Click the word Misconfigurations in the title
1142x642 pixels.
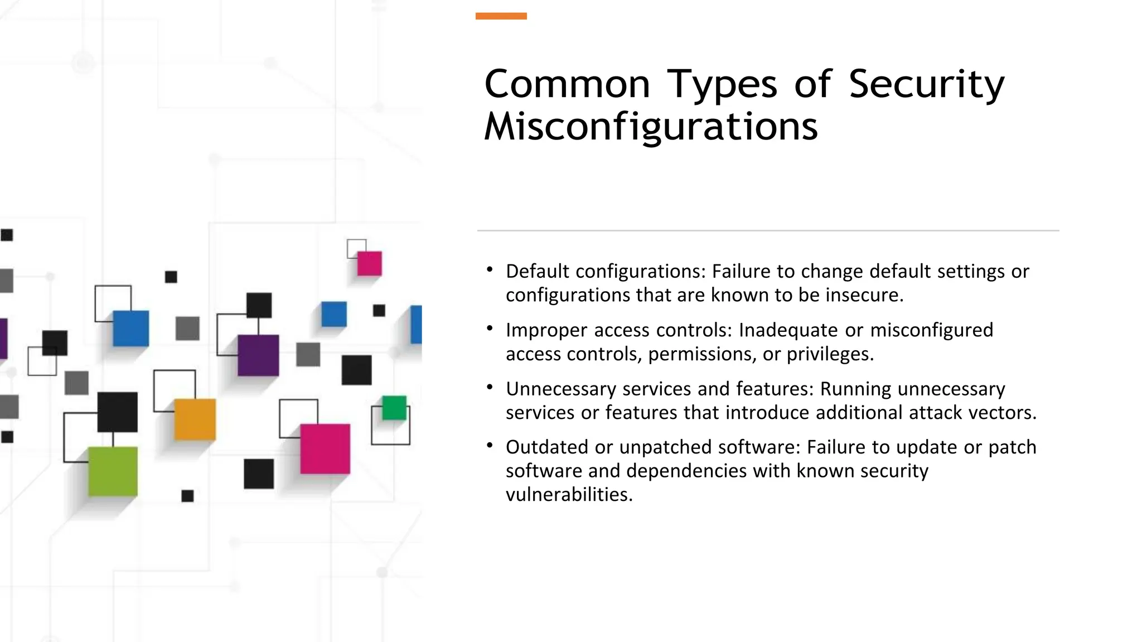click(651, 127)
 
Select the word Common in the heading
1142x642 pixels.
click(567, 84)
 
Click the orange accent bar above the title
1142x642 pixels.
click(501, 16)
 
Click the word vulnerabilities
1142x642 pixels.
click(569, 495)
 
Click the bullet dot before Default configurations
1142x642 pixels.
click(490, 270)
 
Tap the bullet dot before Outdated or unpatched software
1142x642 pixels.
click(490, 445)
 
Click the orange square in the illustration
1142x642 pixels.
click(195, 419)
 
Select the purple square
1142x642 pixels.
click(258, 355)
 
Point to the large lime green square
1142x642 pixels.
click(113, 471)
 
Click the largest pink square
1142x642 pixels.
click(325, 449)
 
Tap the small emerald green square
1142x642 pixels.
click(394, 408)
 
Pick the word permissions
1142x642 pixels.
click(699, 354)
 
